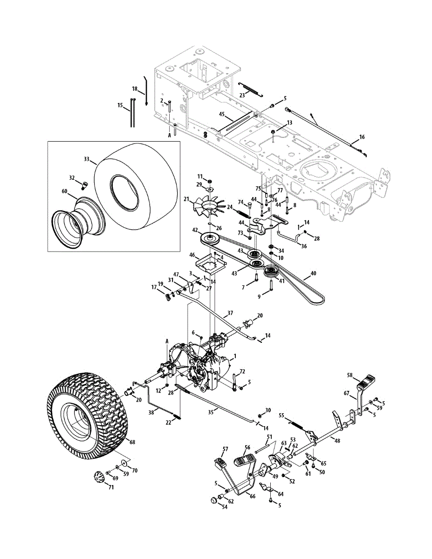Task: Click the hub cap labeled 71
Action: coord(98,477)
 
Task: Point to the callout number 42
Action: coord(195,231)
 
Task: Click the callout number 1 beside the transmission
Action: coord(235,356)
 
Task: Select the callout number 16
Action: coord(362,137)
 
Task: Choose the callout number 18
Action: coord(135,89)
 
